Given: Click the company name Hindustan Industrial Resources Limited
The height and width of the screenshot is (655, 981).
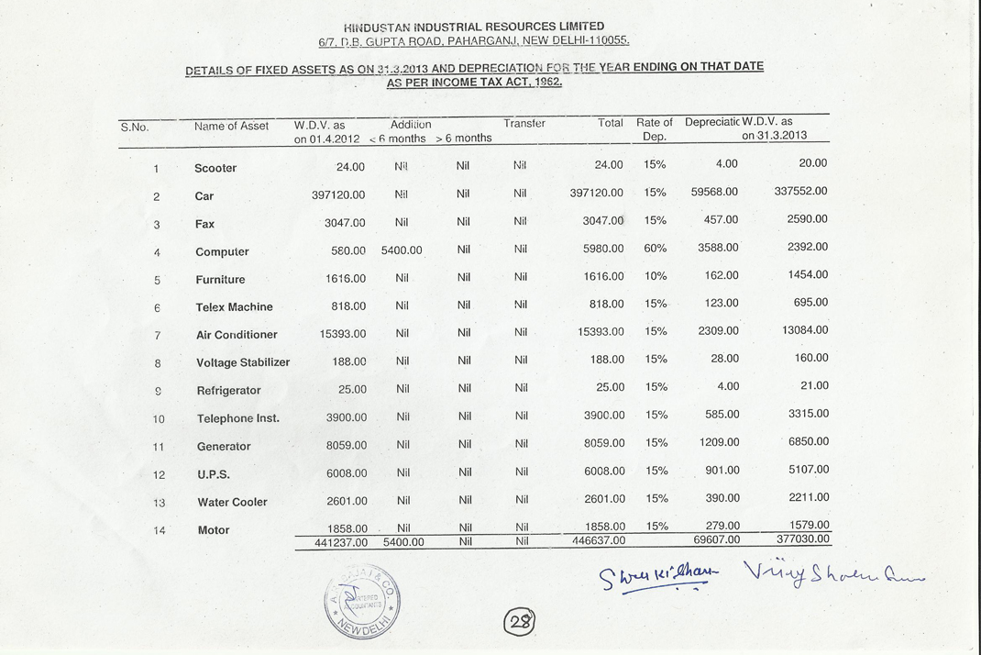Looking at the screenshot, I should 474,27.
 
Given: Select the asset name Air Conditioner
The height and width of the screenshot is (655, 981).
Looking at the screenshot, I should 237,335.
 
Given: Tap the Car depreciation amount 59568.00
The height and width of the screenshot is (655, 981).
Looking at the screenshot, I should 714,192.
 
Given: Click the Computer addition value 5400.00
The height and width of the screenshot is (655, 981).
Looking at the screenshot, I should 402,250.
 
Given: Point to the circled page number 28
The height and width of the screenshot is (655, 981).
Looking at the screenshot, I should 521,621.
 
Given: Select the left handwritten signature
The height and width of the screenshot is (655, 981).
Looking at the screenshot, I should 656,577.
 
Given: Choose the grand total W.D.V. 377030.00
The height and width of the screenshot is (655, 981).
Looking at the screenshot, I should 802,539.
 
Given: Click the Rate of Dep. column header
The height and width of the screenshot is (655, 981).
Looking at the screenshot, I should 655,129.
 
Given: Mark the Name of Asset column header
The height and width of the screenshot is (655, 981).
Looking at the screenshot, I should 232,126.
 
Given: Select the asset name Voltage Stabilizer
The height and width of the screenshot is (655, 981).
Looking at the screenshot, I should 243,362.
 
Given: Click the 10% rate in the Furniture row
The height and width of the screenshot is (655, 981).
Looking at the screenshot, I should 656,275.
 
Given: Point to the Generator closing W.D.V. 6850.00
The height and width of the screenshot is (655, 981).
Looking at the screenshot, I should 808,441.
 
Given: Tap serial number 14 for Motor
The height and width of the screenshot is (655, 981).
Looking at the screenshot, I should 159,530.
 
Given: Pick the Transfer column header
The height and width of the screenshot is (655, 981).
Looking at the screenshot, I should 524,123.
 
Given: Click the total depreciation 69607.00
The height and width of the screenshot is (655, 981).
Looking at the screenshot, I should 715,541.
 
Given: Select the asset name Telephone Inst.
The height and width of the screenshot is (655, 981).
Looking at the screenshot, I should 238,418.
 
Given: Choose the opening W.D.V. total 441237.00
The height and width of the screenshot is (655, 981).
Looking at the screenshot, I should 335,542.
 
